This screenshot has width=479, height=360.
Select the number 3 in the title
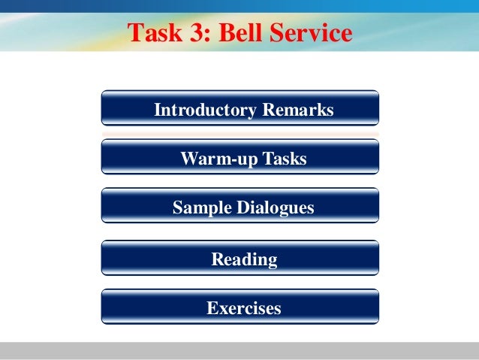coord(192,34)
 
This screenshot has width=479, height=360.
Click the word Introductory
coord(204,110)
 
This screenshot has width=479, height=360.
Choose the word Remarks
coord(296,110)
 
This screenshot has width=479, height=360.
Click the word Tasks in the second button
coord(284,159)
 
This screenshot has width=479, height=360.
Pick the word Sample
coord(199,207)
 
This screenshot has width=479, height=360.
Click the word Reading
coord(244,260)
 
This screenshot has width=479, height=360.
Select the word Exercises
coord(244,308)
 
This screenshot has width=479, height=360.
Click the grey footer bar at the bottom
coord(239,351)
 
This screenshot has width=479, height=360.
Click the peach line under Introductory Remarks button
coord(239,134)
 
